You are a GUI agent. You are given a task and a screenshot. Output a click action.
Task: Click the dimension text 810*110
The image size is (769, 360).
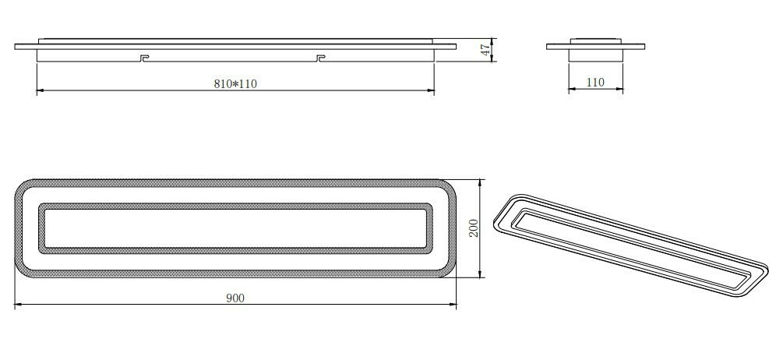235,84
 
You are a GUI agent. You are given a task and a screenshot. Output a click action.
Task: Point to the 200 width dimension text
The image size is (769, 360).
474,228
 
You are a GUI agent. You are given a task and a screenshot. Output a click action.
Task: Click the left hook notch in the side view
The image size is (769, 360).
142,57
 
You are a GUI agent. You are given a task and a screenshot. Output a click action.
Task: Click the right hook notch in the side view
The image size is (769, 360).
321,57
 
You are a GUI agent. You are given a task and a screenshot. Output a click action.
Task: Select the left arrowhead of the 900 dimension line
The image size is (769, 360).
18,305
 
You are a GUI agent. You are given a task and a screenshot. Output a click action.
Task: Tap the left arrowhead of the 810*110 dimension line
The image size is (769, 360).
40,91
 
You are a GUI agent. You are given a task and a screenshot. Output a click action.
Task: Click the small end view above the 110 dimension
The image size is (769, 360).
596,48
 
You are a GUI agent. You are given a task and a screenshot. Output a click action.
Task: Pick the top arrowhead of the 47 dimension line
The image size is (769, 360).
492,39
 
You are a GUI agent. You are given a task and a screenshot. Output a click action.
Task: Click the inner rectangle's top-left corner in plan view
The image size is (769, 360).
41,206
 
